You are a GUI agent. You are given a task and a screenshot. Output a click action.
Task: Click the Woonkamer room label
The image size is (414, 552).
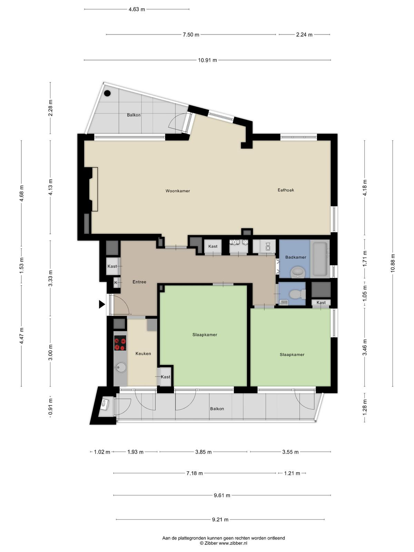tap(177, 191)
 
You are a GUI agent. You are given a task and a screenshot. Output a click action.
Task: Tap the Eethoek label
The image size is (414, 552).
tap(286, 190)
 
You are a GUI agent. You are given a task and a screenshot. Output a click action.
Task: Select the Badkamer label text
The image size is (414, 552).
tap(296, 257)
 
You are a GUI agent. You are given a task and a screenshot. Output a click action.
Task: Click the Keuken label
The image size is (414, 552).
tap(143, 354)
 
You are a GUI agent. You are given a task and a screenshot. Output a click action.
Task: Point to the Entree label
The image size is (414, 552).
tap(139, 282)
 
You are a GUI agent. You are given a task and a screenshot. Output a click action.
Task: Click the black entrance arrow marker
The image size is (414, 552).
tap(101, 304)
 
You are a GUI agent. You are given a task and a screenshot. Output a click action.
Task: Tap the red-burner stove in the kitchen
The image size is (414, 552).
tap(120, 343)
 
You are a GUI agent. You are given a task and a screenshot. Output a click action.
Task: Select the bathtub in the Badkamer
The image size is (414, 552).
tap(319, 259)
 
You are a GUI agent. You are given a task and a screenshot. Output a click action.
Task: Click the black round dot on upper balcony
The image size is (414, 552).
tap(107, 93)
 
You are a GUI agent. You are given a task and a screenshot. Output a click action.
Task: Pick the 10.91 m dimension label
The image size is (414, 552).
tap(207, 60)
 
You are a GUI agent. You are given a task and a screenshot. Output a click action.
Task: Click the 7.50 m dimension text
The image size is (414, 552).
tap(191, 35)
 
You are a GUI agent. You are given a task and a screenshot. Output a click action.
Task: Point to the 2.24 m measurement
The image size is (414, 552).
tap(304, 35)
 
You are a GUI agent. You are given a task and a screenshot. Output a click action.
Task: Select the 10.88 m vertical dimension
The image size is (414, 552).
tap(393, 263)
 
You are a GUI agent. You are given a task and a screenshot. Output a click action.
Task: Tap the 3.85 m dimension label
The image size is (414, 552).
tap(203, 452)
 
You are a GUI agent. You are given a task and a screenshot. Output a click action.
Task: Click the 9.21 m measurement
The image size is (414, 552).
tap(220, 519)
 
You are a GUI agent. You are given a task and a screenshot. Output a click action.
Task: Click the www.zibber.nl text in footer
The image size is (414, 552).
tap(233, 543)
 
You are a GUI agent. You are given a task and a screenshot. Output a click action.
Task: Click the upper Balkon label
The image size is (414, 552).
tap(134, 115)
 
